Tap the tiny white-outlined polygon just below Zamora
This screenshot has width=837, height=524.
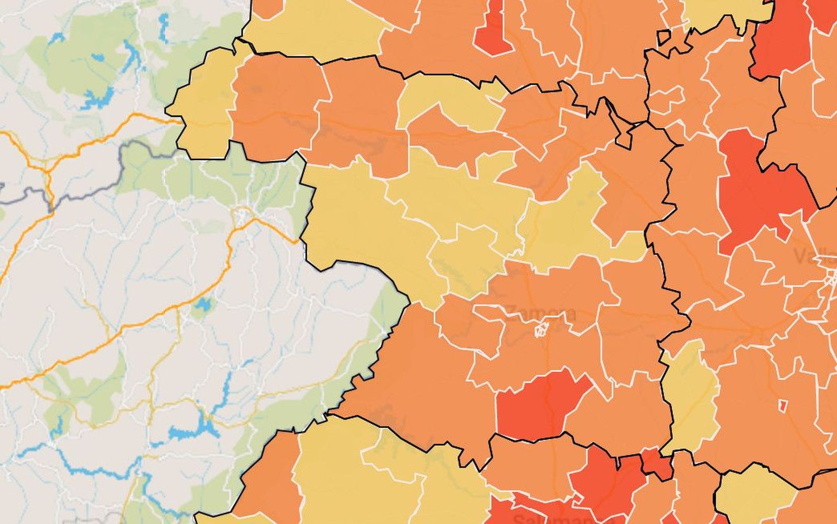pos(541,329)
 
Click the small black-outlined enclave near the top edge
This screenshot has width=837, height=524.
pos(664,38)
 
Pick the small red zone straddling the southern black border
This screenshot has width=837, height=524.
pos(657,463)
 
